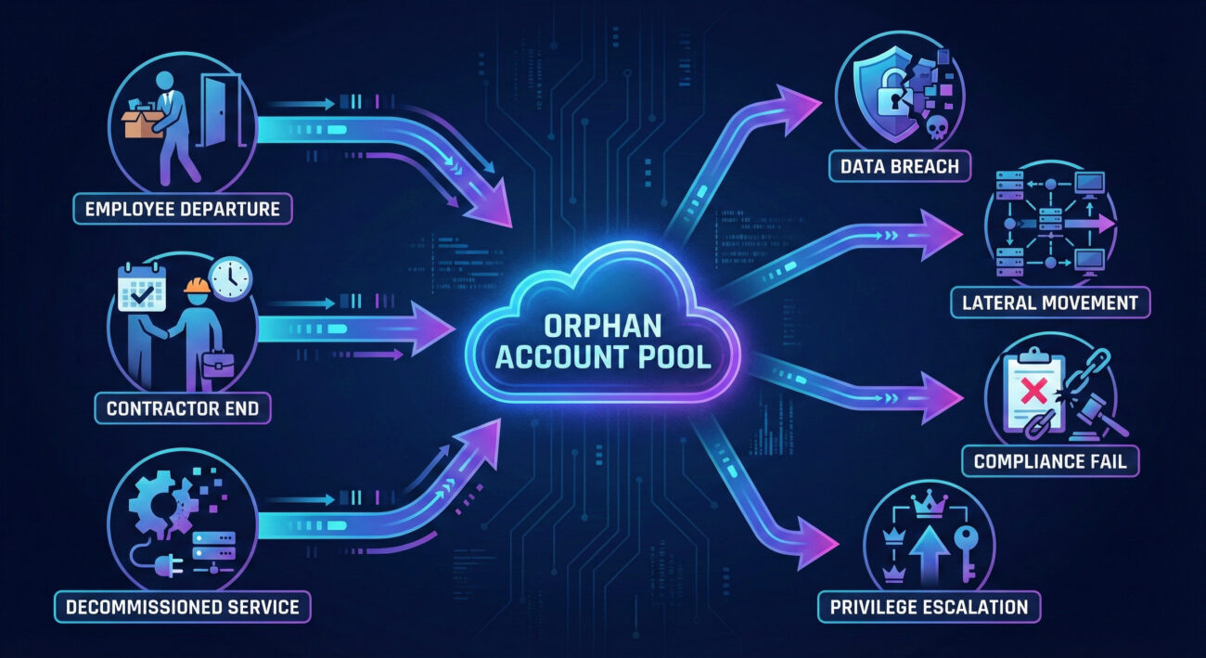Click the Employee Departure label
tap(183, 209)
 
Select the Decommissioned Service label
tap(182, 607)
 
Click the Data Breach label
tap(900, 167)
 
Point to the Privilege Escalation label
tap(929, 607)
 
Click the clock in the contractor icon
tap(230, 277)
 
